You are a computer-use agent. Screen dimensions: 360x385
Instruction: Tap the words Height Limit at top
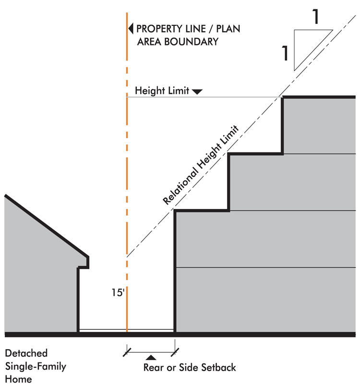[x=162, y=90]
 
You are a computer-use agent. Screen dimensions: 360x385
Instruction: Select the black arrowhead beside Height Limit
[x=197, y=91]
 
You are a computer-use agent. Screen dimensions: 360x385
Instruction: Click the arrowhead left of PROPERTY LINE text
[x=130, y=29]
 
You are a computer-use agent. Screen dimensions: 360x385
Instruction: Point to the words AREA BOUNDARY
[x=178, y=42]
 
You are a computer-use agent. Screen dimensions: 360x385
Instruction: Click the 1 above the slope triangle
[x=316, y=16]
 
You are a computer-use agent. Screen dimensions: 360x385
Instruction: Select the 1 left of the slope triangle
[x=285, y=54]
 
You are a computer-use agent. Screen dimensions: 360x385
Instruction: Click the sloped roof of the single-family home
[x=46, y=226]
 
